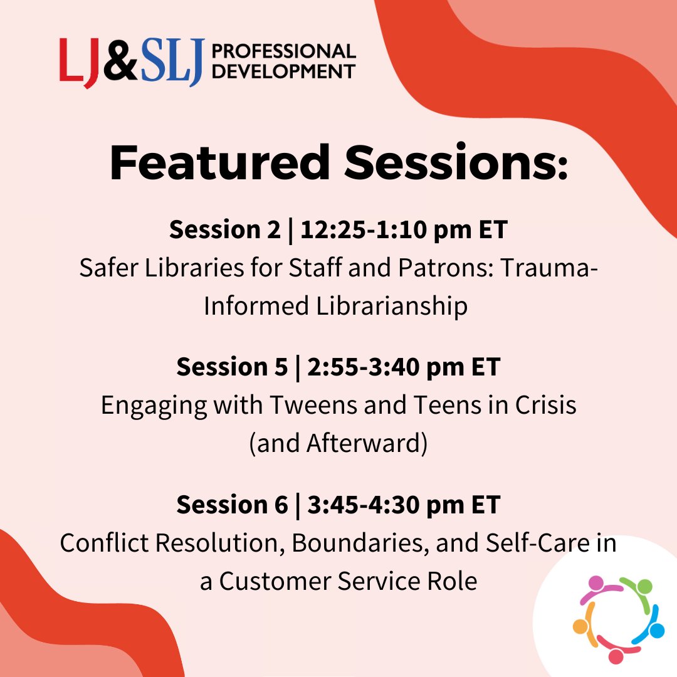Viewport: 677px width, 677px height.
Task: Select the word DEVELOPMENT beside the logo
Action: (x=284, y=71)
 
